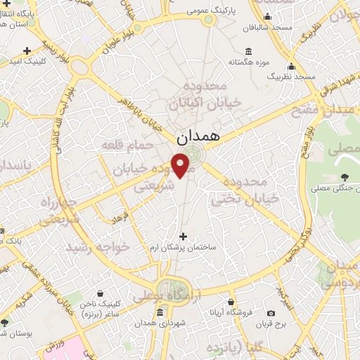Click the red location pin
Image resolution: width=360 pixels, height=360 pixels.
(x=181, y=166)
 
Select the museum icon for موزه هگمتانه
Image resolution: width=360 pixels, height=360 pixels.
(x=248, y=51)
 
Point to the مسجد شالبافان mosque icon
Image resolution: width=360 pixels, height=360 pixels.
(x=266, y=17)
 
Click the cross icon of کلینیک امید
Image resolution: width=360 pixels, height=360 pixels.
(x=27, y=51)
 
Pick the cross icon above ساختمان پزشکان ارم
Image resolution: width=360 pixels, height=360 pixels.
(x=184, y=236)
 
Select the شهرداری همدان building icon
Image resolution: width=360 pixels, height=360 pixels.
(x=161, y=311)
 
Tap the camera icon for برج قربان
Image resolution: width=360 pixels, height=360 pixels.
(x=271, y=313)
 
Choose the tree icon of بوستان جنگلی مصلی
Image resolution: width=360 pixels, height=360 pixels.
(x=344, y=176)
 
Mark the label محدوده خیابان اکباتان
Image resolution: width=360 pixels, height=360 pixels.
(x=204, y=94)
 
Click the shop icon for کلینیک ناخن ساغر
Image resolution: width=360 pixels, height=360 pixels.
(x=100, y=293)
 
